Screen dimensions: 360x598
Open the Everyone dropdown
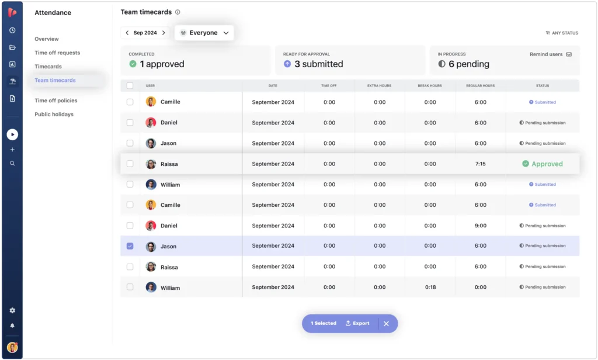coord(204,33)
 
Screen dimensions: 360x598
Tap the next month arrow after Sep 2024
coord(164,33)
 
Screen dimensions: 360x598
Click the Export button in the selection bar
coord(357,323)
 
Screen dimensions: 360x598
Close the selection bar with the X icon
coord(386,324)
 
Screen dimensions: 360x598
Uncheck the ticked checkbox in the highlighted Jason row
coord(130,246)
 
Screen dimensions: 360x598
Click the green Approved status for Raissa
coord(543,164)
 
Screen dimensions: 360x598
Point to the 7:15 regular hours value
coord(480,164)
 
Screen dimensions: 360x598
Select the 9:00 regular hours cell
coord(480,226)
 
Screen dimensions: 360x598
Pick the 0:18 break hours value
coord(430,288)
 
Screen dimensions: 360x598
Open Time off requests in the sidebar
coord(57,53)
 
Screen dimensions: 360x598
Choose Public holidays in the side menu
coord(54,115)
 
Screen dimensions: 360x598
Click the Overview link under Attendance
coord(47,39)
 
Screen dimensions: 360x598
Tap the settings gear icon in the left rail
coord(12,310)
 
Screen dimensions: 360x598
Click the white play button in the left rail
coord(12,134)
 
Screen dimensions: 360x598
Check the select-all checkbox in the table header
coord(130,86)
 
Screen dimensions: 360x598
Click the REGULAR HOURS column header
coord(480,86)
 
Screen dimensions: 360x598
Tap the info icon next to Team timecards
coord(178,12)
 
